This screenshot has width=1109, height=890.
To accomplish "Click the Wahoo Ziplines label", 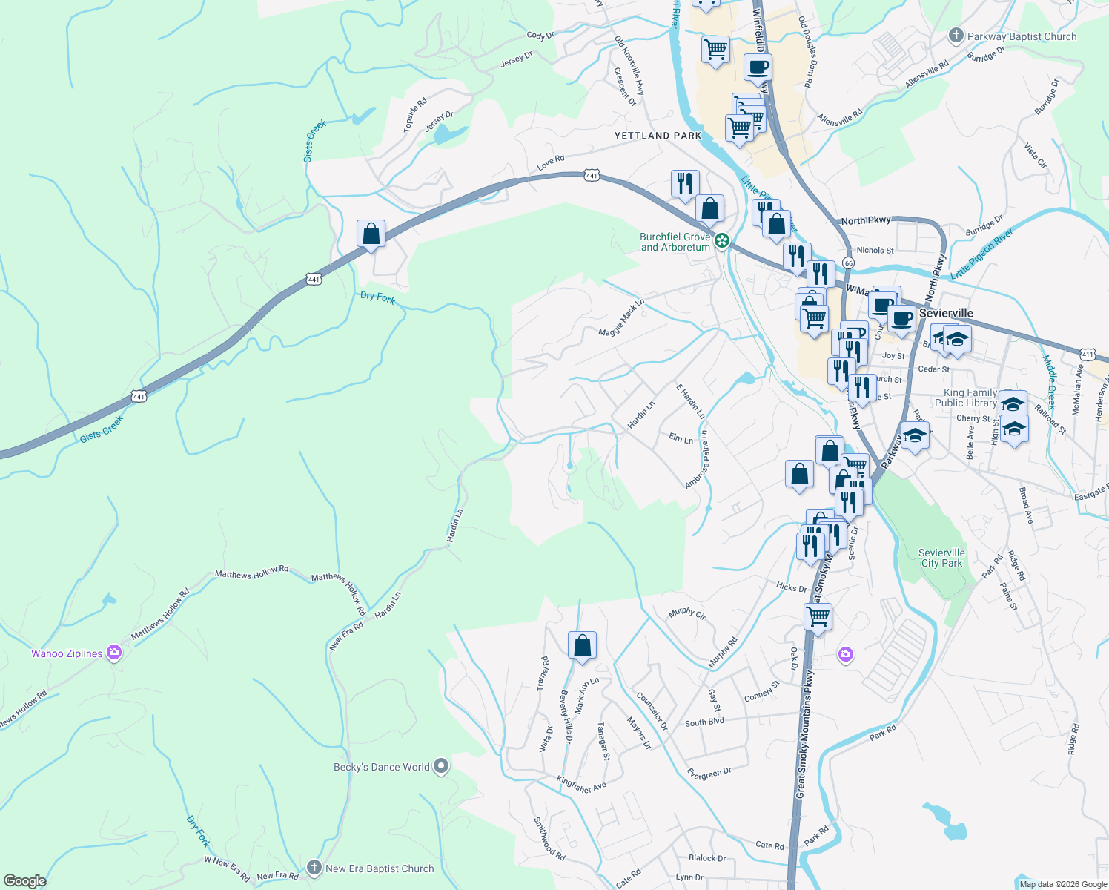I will click(x=67, y=653).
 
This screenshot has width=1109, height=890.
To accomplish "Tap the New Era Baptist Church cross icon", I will click(x=314, y=868).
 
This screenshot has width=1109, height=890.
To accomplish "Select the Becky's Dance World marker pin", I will click(x=441, y=766).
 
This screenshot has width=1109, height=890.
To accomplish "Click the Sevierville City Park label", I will click(x=941, y=558).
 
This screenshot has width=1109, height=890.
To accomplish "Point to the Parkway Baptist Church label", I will click(x=1022, y=36).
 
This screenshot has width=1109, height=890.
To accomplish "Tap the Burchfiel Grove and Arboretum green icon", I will click(x=721, y=240).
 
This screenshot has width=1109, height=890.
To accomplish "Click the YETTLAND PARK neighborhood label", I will click(x=658, y=136).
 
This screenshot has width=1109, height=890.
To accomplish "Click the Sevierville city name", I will click(x=946, y=313).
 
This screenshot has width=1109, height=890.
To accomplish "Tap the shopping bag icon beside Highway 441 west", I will click(x=371, y=234).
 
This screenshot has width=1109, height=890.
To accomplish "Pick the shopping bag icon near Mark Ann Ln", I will click(x=583, y=645).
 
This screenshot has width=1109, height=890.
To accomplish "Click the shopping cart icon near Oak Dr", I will click(x=818, y=616).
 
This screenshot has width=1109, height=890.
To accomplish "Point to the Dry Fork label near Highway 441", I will click(x=377, y=297).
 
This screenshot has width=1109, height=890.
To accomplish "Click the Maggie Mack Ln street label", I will click(x=621, y=318).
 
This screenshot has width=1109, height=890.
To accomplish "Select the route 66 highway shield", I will click(x=849, y=263).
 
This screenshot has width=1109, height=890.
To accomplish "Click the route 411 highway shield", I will click(x=1088, y=355).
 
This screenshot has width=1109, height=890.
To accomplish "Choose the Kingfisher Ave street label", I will click(x=581, y=784).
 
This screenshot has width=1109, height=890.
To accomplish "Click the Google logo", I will click(x=24, y=880).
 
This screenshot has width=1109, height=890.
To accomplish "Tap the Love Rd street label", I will click(x=551, y=162).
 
